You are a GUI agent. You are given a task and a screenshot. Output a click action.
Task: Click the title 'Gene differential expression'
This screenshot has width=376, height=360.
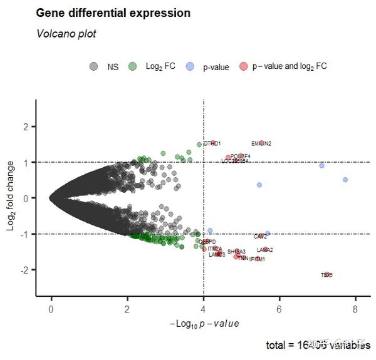[113, 13]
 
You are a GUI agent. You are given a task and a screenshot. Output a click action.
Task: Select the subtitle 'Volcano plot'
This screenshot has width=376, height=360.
[66, 34]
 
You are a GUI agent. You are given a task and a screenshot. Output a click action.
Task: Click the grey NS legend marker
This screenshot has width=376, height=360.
[93, 66]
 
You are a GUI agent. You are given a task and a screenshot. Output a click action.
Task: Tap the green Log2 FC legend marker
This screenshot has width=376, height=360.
[132, 66]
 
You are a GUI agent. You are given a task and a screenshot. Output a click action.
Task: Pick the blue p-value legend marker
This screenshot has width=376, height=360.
[190, 66]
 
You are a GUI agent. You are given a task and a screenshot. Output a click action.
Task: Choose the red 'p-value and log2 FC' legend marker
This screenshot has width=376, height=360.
[243, 66]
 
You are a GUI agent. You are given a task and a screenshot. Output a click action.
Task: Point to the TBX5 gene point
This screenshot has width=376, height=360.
[326, 274]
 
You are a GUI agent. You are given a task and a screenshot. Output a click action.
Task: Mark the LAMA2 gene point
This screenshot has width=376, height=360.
[265, 250]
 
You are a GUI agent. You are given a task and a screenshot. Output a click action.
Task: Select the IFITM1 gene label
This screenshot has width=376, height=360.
[257, 259]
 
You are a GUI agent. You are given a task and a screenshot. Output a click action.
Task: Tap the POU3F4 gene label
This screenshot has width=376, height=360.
[241, 156]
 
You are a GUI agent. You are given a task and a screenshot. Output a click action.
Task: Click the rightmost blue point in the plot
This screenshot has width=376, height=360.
[345, 180]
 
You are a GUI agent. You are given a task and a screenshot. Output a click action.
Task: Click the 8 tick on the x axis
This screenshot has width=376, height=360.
[355, 309]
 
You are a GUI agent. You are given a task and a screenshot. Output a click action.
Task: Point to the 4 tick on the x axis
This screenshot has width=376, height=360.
[203, 309]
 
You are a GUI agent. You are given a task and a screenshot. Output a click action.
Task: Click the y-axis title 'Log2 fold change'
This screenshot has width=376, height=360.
[11, 196]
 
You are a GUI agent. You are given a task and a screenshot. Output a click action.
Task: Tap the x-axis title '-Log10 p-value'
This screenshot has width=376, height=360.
[204, 323]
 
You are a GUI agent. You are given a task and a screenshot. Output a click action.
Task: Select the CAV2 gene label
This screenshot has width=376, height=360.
[260, 237]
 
